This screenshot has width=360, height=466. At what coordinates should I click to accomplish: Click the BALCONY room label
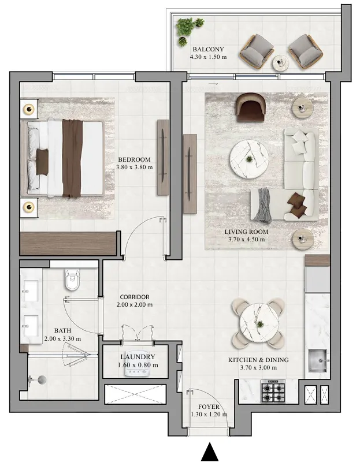(208, 49)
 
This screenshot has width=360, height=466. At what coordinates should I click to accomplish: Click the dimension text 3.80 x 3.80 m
(134, 167)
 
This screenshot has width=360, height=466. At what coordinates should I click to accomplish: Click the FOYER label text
(208, 407)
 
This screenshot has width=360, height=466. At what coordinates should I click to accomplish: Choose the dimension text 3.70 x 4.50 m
(246, 240)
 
